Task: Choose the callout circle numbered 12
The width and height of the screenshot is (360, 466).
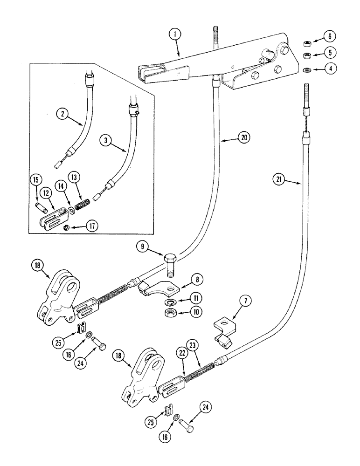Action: pyautogui.click(x=46, y=192)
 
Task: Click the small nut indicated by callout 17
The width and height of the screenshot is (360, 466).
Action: pyautogui.click(x=67, y=227)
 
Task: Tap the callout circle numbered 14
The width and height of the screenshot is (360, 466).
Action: pyautogui.click(x=61, y=185)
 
